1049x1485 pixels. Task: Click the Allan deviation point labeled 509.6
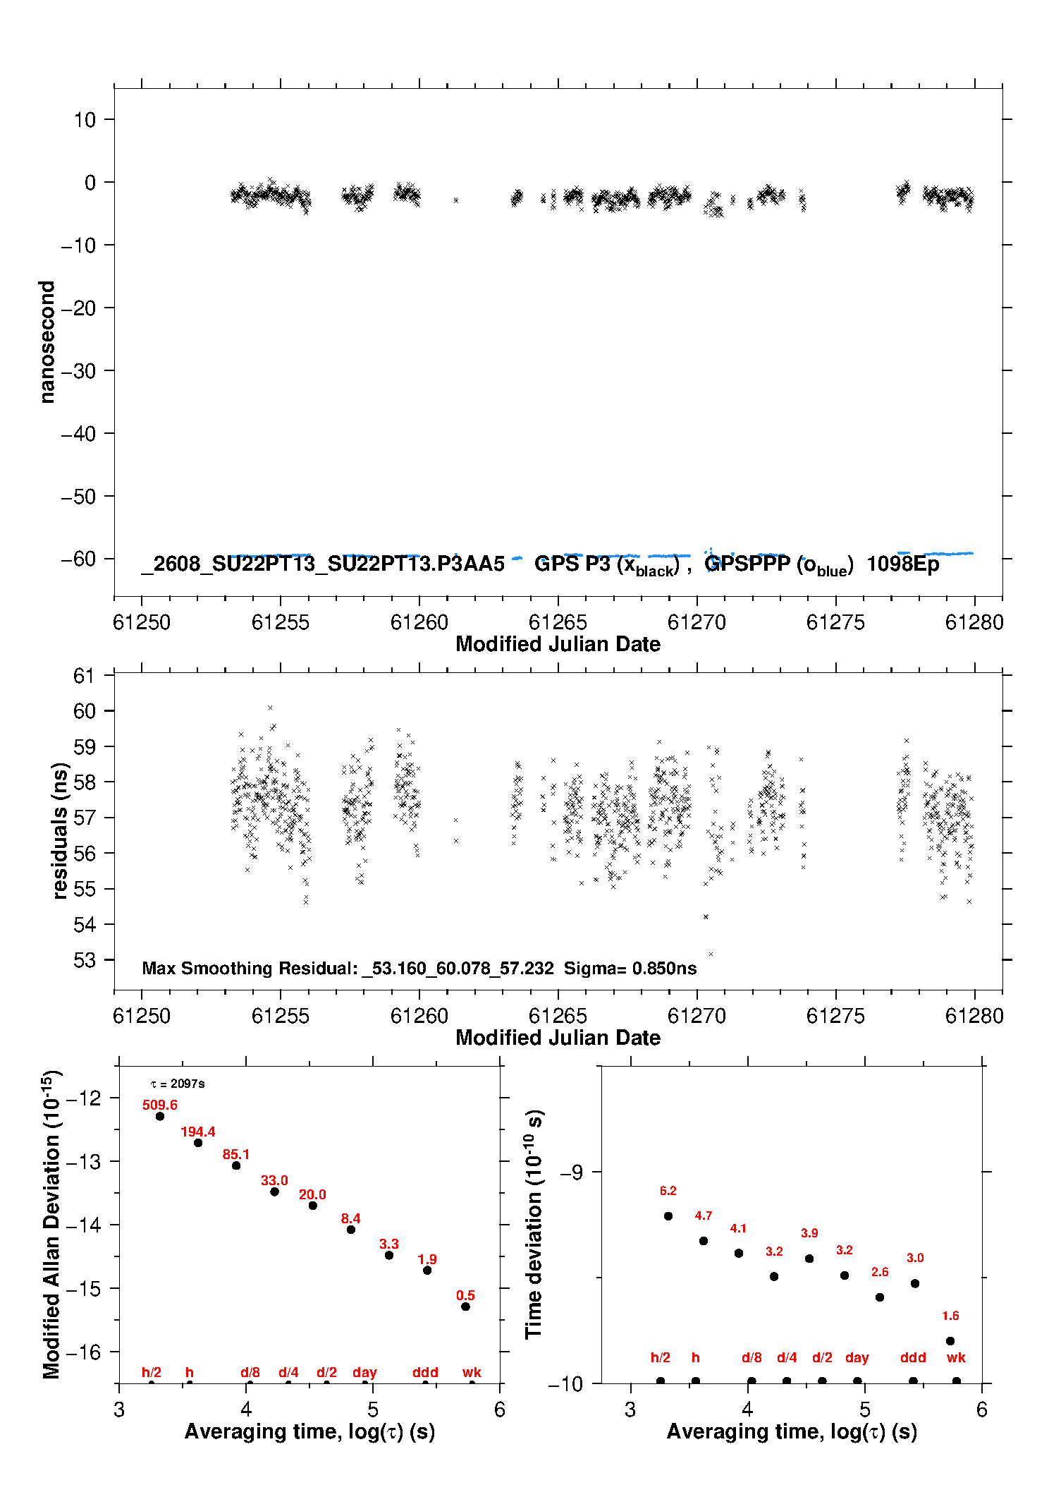click(x=160, y=1116)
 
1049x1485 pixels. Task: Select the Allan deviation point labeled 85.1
click(x=236, y=1165)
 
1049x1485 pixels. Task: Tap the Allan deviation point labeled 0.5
click(x=465, y=1307)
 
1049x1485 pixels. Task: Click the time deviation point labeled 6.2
click(x=668, y=1216)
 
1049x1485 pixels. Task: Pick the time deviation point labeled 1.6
click(x=950, y=1341)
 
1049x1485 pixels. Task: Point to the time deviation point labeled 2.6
click(x=880, y=1297)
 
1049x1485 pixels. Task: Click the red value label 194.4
click(x=198, y=1132)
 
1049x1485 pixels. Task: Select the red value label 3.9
click(x=809, y=1233)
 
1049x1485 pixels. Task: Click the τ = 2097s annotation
click(x=178, y=1084)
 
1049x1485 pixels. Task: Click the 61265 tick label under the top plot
click(x=558, y=622)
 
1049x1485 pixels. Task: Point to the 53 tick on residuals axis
click(x=85, y=960)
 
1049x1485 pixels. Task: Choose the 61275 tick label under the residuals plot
click(x=835, y=1016)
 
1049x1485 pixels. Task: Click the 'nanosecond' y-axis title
click(x=47, y=342)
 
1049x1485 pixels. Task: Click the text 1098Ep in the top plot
click(x=903, y=564)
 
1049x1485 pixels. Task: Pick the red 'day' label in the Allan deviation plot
click(x=364, y=1373)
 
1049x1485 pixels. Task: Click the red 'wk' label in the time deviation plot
click(x=956, y=1358)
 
